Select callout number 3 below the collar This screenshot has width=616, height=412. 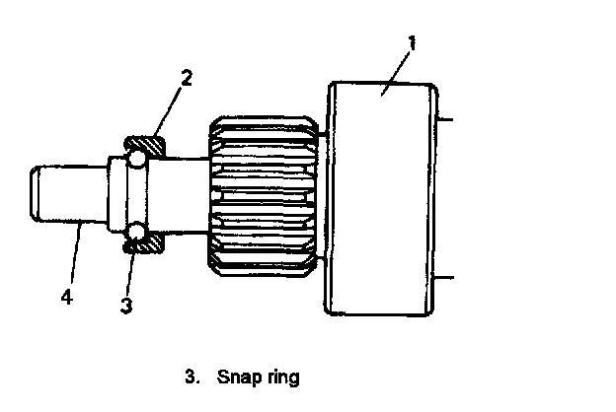[126, 306]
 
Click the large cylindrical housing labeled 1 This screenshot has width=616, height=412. [380, 197]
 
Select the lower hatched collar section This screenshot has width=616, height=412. [145, 240]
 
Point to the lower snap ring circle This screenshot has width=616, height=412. [133, 235]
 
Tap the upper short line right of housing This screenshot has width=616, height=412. [443, 118]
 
